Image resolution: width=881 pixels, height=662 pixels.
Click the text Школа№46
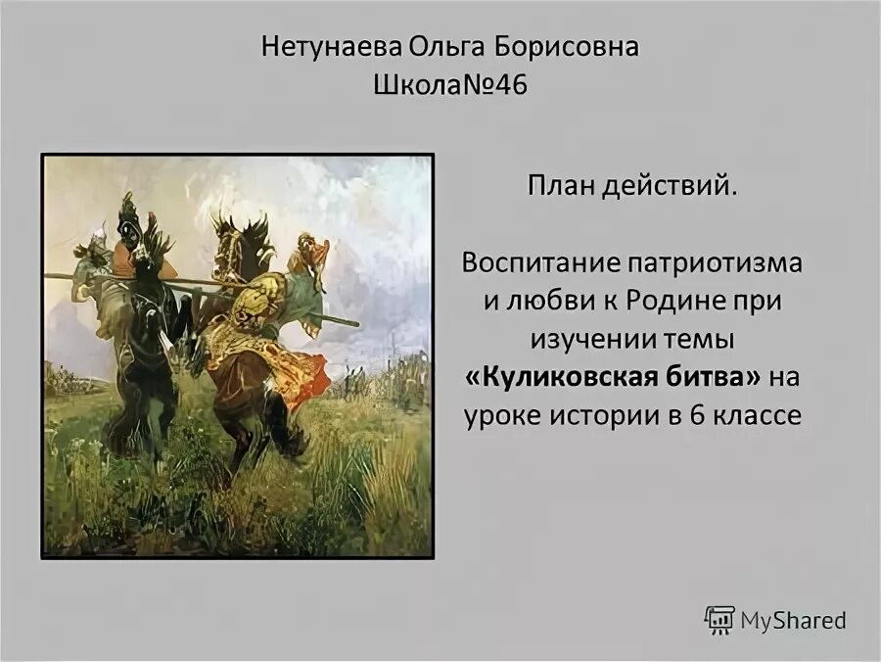point(450,85)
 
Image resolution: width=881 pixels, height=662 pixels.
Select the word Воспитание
point(533,263)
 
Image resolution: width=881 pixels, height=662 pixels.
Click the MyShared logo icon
point(719,620)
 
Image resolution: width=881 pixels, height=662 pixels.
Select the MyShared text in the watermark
point(793,620)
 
